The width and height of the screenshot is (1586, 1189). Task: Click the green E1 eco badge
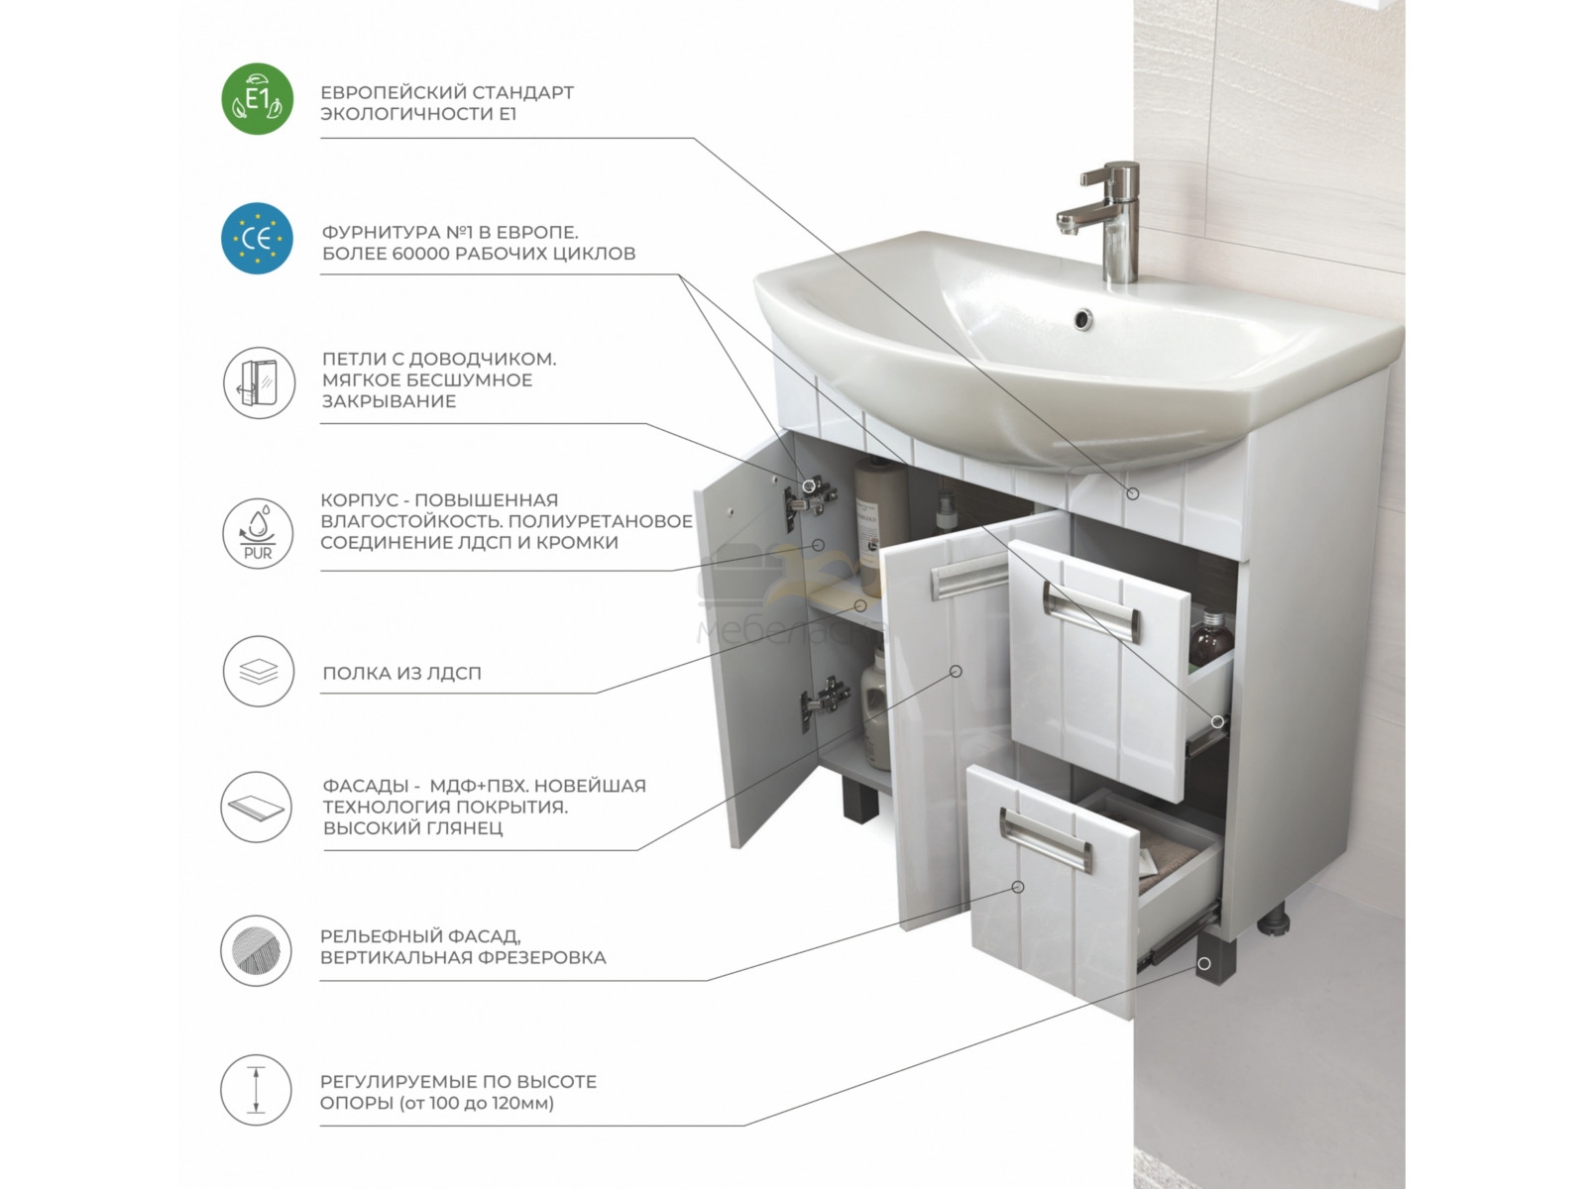tap(257, 99)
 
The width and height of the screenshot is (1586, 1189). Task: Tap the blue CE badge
tap(257, 238)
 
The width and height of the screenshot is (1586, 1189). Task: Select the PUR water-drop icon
tap(258, 533)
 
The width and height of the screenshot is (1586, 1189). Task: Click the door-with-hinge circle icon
tap(259, 382)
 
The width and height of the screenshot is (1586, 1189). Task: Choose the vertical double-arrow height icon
tap(256, 1089)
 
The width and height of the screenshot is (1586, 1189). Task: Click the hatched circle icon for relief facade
tap(256, 951)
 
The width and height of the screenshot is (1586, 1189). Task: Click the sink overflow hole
tap(1081, 318)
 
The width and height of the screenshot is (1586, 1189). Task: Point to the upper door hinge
tap(811, 496)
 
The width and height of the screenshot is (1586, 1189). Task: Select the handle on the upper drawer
tap(1091, 610)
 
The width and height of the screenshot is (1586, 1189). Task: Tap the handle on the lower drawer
tap(1046, 840)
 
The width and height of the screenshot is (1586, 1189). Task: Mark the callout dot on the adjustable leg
tap(1203, 963)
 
